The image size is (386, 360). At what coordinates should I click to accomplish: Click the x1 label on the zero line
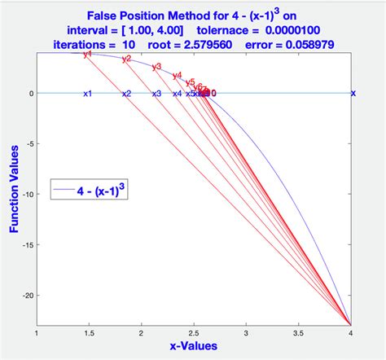pos(87,94)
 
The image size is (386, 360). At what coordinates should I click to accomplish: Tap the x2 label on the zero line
pos(126,94)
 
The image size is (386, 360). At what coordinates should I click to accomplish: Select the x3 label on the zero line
pos(157,94)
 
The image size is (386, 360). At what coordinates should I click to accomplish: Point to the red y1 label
pos(88,55)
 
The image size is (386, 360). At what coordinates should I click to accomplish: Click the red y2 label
pos(126,59)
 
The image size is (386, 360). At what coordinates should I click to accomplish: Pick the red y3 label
pos(157,67)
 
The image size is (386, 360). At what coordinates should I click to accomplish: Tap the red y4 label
pos(177,76)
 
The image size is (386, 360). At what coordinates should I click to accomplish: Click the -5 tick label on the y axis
pos(29,143)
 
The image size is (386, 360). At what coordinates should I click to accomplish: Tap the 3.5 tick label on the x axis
pos(298,333)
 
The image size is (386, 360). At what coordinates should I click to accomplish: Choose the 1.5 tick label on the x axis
pos(88,333)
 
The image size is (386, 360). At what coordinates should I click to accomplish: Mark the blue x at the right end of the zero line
pos(353,93)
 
